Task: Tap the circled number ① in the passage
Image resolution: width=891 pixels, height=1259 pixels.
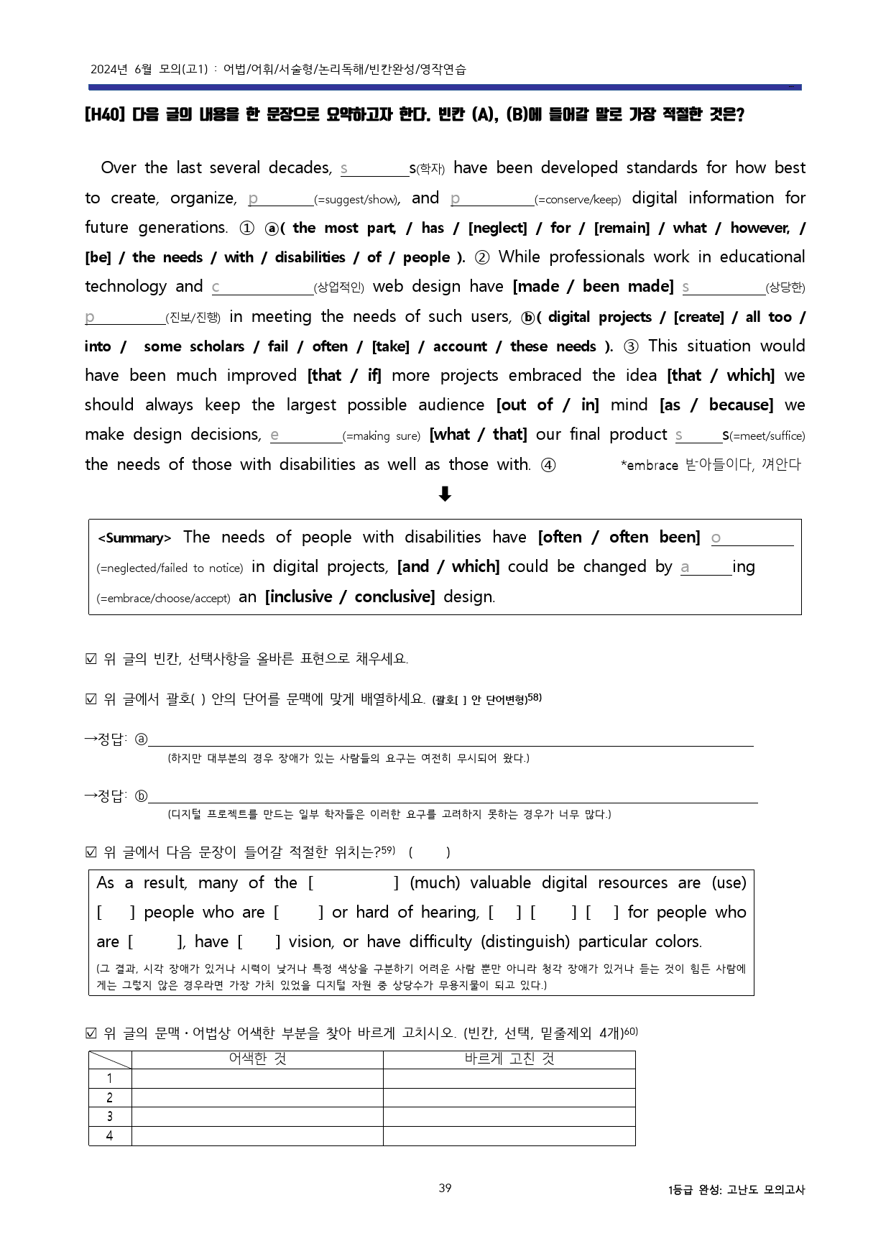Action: (246, 228)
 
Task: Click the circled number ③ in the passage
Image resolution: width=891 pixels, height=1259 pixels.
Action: (631, 346)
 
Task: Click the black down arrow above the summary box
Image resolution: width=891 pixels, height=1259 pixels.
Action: (445, 494)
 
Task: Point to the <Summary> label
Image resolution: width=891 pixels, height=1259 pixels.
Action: (134, 538)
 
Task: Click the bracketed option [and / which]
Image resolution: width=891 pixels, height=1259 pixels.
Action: (448, 567)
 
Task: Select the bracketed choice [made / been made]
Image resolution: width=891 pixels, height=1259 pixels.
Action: (593, 287)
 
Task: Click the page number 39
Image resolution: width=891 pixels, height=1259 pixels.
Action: (445, 1188)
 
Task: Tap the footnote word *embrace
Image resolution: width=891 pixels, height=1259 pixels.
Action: (650, 466)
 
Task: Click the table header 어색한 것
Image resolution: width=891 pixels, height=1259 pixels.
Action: (257, 1059)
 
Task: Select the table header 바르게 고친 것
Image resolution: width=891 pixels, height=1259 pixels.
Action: (509, 1059)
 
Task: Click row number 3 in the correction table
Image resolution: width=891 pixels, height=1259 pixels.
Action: (109, 1117)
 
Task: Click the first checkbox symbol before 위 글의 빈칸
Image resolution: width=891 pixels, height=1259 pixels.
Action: (91, 659)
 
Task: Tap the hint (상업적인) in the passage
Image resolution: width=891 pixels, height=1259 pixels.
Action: (338, 288)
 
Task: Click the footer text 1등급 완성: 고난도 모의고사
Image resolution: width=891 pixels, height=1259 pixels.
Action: (737, 1190)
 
